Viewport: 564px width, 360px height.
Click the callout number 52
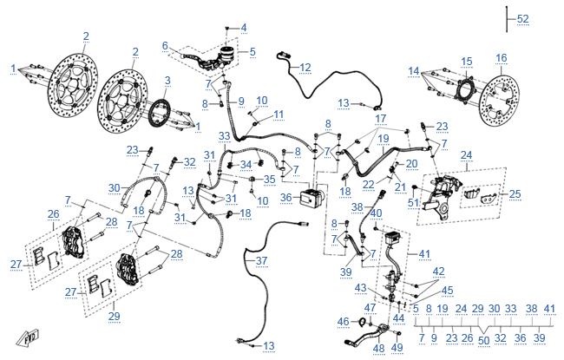click(x=523, y=19)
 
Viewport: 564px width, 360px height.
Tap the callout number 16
click(x=501, y=58)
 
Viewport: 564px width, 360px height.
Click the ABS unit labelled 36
click(x=312, y=198)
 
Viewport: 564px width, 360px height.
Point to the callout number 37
click(x=261, y=260)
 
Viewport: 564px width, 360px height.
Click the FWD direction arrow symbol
click(x=28, y=338)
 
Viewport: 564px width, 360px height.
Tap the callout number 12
click(x=305, y=68)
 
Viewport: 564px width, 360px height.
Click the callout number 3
click(x=167, y=80)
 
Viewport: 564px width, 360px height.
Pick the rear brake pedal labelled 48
click(x=367, y=335)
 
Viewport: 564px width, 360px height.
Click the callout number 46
click(x=343, y=321)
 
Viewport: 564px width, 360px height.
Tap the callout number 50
click(x=484, y=340)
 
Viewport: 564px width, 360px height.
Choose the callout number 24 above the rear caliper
click(x=466, y=155)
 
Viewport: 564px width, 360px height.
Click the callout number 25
click(x=515, y=193)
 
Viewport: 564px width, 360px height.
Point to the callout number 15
click(x=467, y=62)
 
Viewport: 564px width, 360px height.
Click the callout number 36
click(x=286, y=198)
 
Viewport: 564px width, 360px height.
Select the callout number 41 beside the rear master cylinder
click(x=424, y=254)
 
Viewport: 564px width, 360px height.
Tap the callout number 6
click(x=165, y=46)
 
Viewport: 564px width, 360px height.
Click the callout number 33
click(x=224, y=136)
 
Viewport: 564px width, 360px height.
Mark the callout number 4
click(x=244, y=28)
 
